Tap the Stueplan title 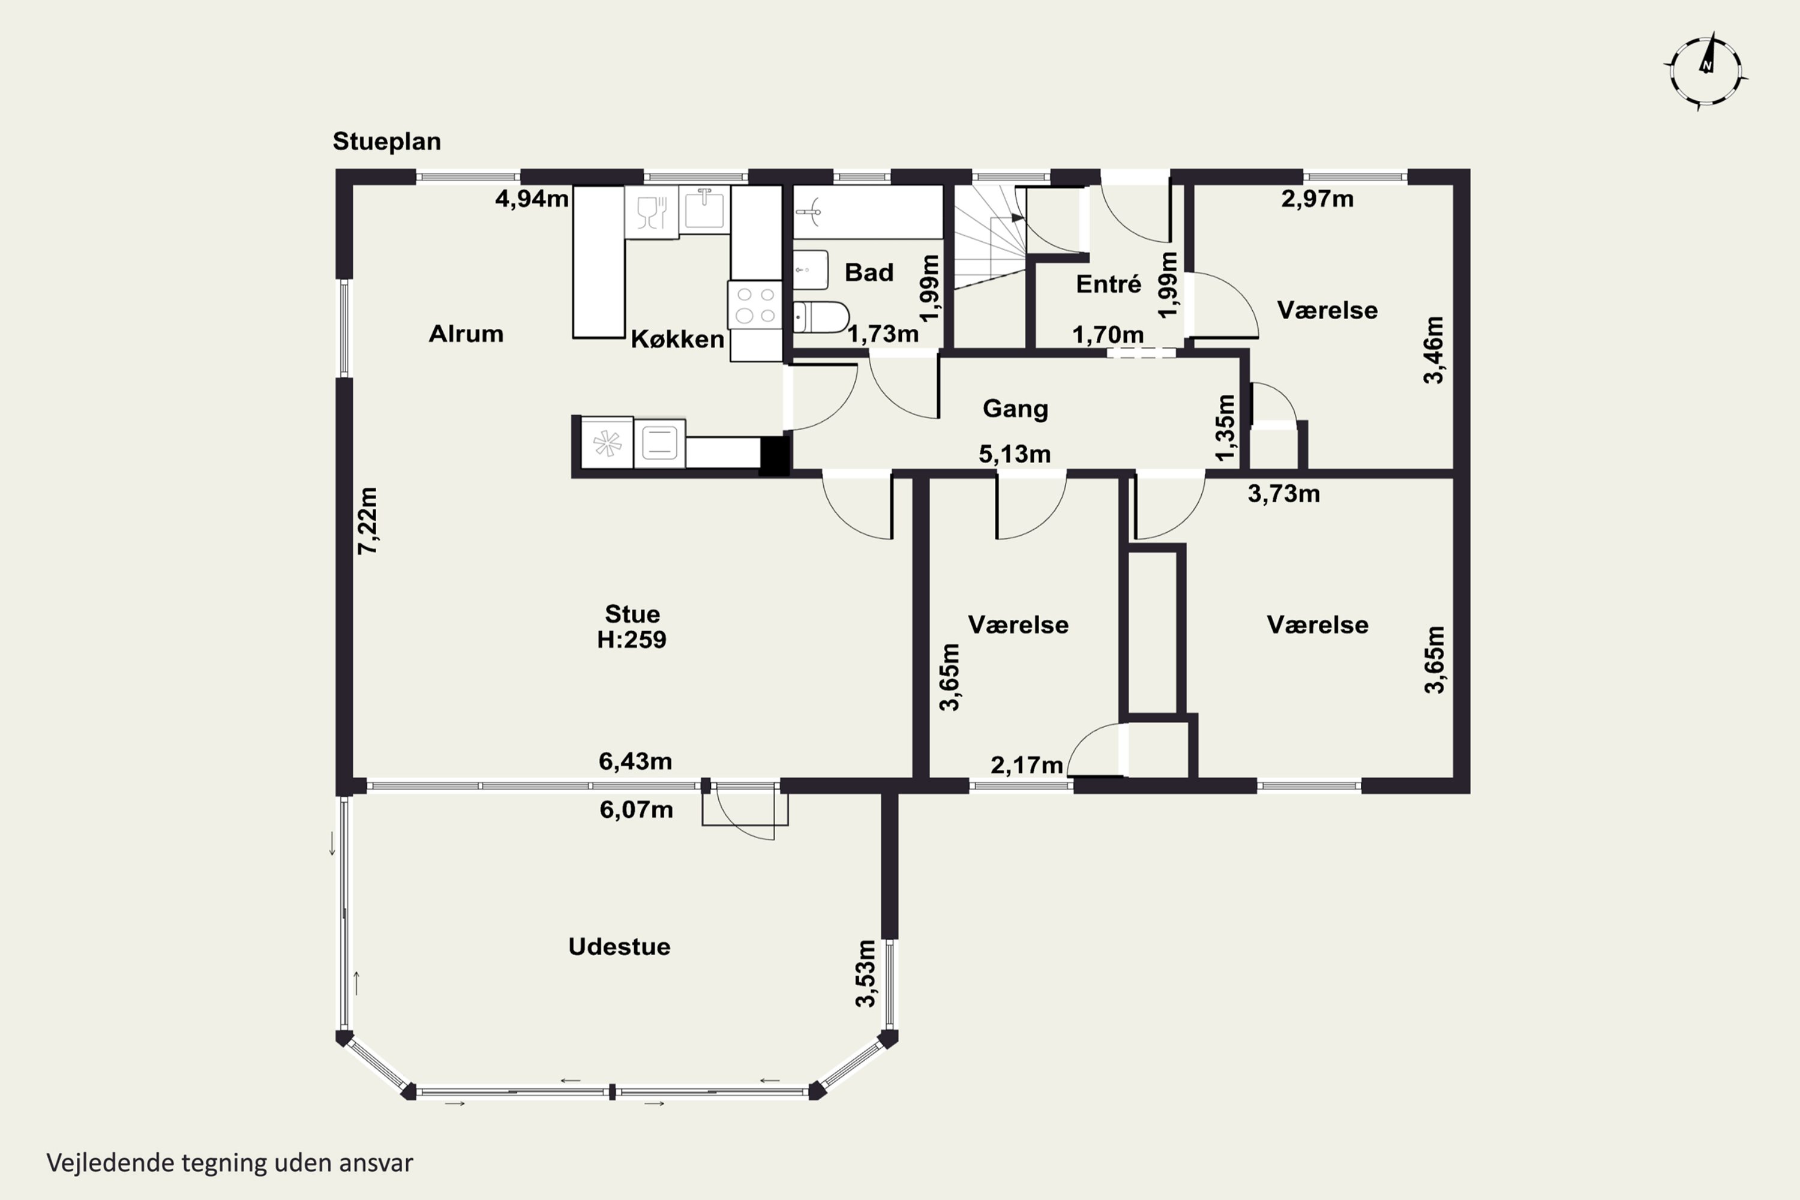[386, 142]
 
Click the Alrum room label [466, 334]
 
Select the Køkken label [677, 339]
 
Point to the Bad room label [869, 272]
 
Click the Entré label [1108, 284]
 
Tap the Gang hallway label [1015, 409]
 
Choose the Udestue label [619, 947]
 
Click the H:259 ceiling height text [631, 640]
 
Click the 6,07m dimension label [636, 809]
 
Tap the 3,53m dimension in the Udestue [866, 973]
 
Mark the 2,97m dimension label [1317, 199]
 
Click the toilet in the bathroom [820, 317]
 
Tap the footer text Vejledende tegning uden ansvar [230, 1163]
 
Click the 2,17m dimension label [1026, 764]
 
